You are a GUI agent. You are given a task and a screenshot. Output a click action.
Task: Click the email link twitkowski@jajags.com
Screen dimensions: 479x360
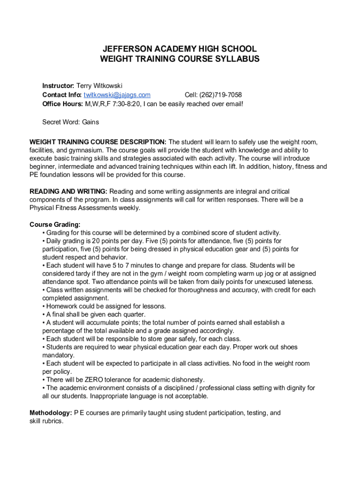pyautogui.click(x=117, y=95)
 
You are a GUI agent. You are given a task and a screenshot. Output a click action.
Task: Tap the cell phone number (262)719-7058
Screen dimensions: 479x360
pyautogui.click(x=221, y=95)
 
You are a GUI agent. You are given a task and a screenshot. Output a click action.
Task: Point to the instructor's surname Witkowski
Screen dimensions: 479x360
pyautogui.click(x=108, y=86)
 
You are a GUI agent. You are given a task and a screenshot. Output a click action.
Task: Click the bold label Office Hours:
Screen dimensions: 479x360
pyautogui.click(x=62, y=104)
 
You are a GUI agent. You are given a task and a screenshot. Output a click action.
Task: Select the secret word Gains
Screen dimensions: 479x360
pyautogui.click(x=91, y=122)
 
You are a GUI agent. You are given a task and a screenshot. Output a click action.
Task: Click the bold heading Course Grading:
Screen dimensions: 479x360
pyautogui.click(x=55, y=224)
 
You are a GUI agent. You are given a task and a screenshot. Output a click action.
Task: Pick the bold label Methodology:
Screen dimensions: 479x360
pyautogui.click(x=50, y=413)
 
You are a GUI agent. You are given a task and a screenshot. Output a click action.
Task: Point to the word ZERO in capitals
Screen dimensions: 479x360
pyautogui.click(x=94, y=379)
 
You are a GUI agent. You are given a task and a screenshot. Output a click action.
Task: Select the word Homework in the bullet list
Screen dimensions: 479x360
pyautogui.click(x=62, y=306)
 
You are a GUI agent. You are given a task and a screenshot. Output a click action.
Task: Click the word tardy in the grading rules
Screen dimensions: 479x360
pyautogui.click(x=87, y=274)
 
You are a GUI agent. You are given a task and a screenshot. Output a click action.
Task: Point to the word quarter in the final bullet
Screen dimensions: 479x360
pyautogui.click(x=133, y=314)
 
